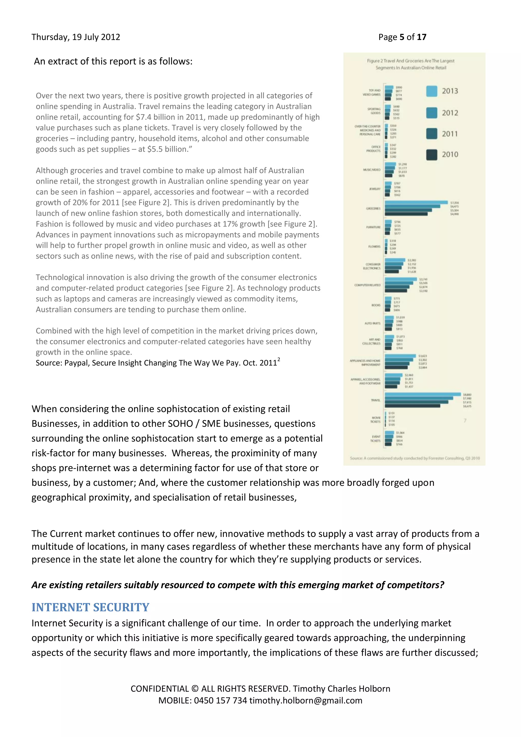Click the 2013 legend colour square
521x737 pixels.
[x=431, y=91]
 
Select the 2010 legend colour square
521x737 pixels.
[x=431, y=155]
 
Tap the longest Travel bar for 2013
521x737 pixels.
[x=422, y=394]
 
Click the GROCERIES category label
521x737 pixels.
[x=373, y=209]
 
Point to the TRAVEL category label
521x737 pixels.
[x=375, y=400]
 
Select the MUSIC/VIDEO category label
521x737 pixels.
[x=371, y=169]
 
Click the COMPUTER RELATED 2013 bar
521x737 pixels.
[x=401, y=279]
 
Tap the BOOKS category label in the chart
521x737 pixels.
[x=376, y=305]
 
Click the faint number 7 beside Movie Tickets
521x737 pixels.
[x=465, y=420]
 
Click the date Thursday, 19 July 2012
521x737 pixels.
[x=76, y=37]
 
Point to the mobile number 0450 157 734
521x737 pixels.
[x=220, y=700]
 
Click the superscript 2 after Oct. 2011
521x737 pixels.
[x=279, y=360]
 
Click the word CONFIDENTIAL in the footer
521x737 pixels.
[x=160, y=689]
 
